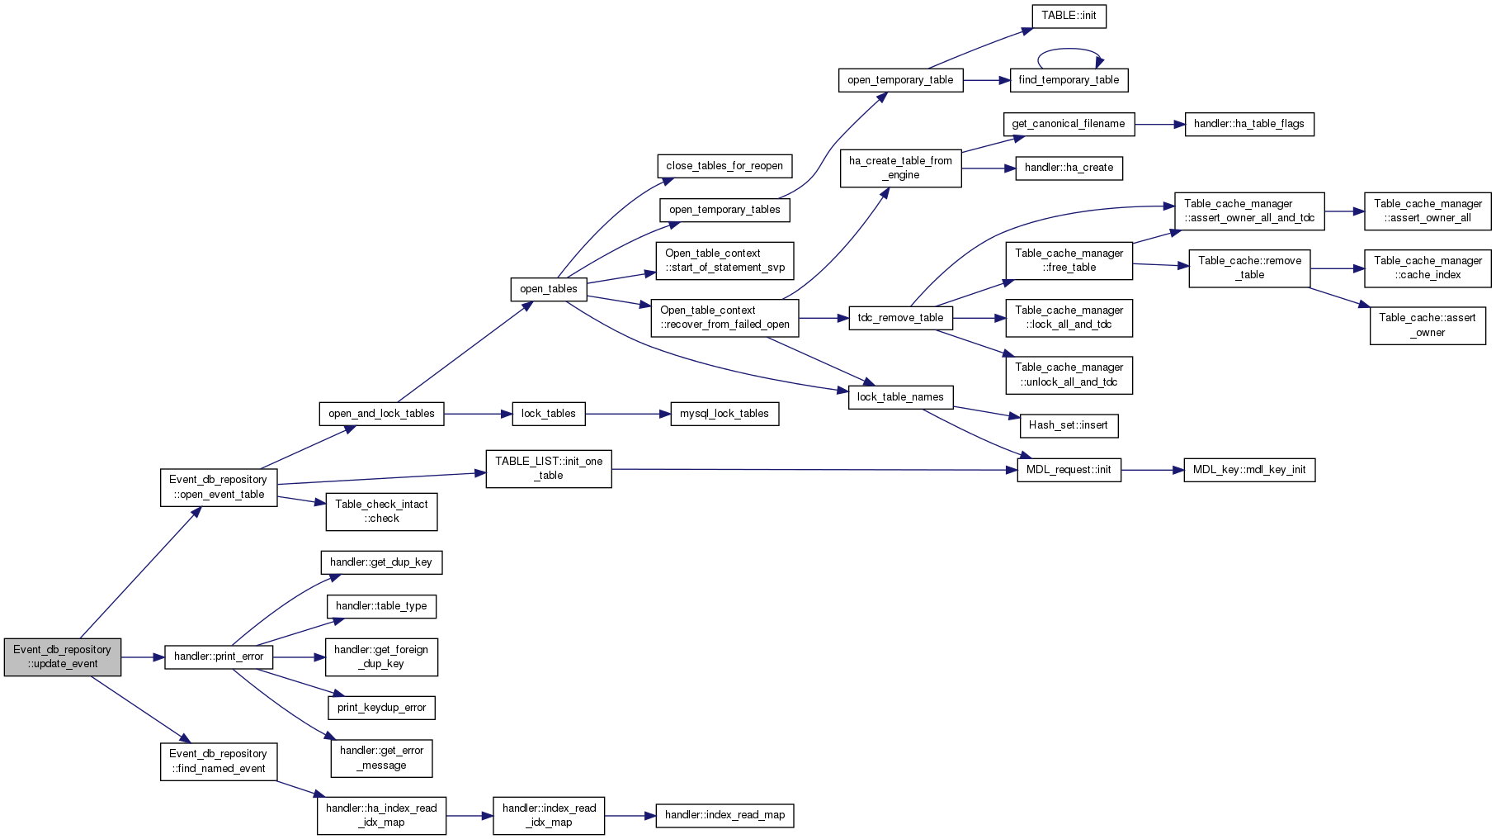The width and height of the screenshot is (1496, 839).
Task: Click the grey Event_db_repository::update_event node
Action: click(63, 657)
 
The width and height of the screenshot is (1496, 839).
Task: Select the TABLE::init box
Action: click(1069, 16)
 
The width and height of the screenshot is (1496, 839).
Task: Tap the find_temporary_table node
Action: click(1069, 80)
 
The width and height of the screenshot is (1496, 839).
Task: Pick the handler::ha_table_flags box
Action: click(1249, 124)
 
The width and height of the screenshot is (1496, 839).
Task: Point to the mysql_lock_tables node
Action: click(724, 414)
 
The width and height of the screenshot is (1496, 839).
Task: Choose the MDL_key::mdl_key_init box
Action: click(1249, 470)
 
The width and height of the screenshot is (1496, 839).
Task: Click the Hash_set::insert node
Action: click(1069, 425)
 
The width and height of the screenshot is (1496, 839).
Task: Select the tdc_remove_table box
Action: click(900, 318)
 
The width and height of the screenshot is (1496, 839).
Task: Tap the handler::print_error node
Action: click(219, 657)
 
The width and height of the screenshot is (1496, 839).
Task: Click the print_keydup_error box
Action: click(381, 708)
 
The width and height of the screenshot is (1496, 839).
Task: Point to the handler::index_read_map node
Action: click(725, 815)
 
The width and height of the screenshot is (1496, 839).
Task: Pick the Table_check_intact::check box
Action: click(381, 512)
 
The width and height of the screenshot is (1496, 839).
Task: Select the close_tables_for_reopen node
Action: click(724, 166)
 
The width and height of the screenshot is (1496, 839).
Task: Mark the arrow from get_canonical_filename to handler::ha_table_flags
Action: click(1160, 124)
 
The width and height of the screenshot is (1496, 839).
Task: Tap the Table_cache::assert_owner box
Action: click(1428, 325)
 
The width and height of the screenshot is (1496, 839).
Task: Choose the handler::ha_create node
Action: click(1069, 168)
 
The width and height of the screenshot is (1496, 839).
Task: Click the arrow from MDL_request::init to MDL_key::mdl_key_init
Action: click(1153, 470)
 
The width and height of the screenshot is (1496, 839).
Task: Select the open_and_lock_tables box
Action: click(381, 414)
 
